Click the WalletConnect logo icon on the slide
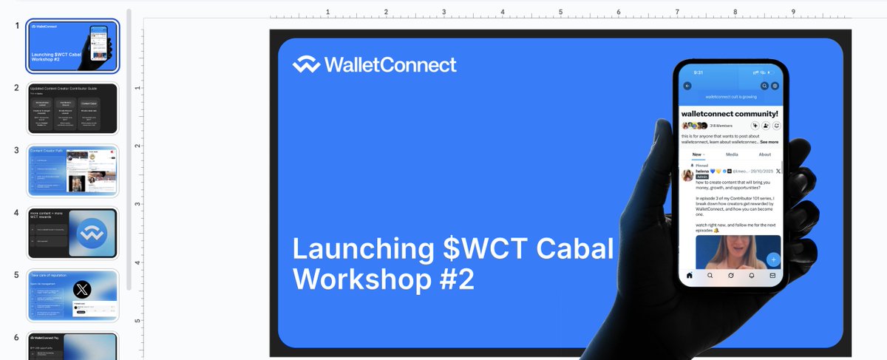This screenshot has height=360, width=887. pyautogui.click(x=306, y=65)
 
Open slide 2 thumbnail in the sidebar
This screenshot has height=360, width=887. pyautogui.click(x=72, y=108)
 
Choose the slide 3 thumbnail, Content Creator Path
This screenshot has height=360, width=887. pyautogui.click(x=72, y=171)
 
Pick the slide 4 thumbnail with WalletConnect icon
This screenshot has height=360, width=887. pyautogui.click(x=72, y=234)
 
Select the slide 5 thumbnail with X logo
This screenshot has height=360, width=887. pyautogui.click(x=72, y=296)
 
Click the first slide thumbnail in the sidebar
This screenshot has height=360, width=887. pyautogui.click(x=72, y=46)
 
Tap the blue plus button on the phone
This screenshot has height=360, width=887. pyautogui.click(x=772, y=259)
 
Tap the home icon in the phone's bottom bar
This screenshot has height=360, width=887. pyautogui.click(x=690, y=276)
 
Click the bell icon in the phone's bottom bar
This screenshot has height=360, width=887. pyautogui.click(x=752, y=276)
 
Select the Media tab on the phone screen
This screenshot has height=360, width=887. pyautogui.click(x=732, y=154)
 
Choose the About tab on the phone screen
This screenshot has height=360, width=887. pyautogui.click(x=765, y=154)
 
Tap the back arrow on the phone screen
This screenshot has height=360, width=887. pyautogui.click(x=687, y=86)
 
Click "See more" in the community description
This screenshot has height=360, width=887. pyautogui.click(x=769, y=141)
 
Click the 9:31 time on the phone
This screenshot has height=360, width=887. pyautogui.click(x=699, y=72)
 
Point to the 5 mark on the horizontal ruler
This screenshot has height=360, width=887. pyautogui.click(x=560, y=13)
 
